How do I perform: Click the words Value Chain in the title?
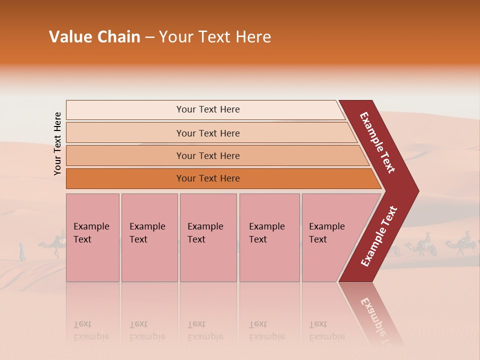(x=94, y=37)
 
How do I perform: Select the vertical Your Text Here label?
(x=57, y=143)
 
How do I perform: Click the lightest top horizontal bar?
(x=208, y=109)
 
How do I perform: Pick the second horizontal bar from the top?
(x=208, y=133)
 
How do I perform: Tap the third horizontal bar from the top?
(x=208, y=155)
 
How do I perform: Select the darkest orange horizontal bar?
(x=208, y=178)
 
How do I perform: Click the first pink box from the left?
(x=92, y=237)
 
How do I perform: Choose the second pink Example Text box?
(x=149, y=237)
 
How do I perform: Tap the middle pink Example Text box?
(x=208, y=237)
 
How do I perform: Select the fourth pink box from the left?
(x=269, y=237)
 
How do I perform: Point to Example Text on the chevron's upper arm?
(x=377, y=142)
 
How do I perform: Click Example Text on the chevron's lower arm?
(x=379, y=236)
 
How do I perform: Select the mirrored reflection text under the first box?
(x=91, y=330)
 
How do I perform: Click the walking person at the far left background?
(x=22, y=251)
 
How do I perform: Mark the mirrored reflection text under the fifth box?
(x=326, y=330)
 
